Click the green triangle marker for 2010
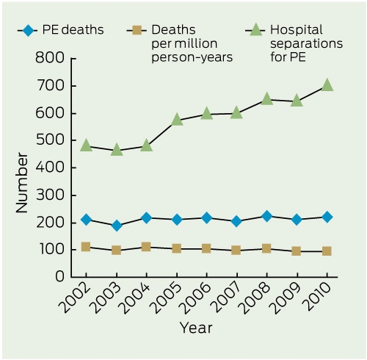(327, 85)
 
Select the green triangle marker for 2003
(117, 150)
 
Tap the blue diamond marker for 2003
(117, 226)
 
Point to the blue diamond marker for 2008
(266, 216)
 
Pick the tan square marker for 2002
(86, 247)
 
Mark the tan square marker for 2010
(327, 251)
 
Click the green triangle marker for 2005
(177, 119)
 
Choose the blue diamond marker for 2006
(206, 217)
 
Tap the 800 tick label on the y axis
(50, 58)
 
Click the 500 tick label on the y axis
(50, 140)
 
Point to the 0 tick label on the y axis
(60, 277)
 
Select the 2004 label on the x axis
(137, 299)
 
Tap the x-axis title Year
(196, 328)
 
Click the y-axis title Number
(22, 183)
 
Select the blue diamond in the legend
(28, 31)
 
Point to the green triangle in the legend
(255, 29)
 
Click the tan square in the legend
(137, 31)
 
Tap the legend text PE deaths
(73, 30)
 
